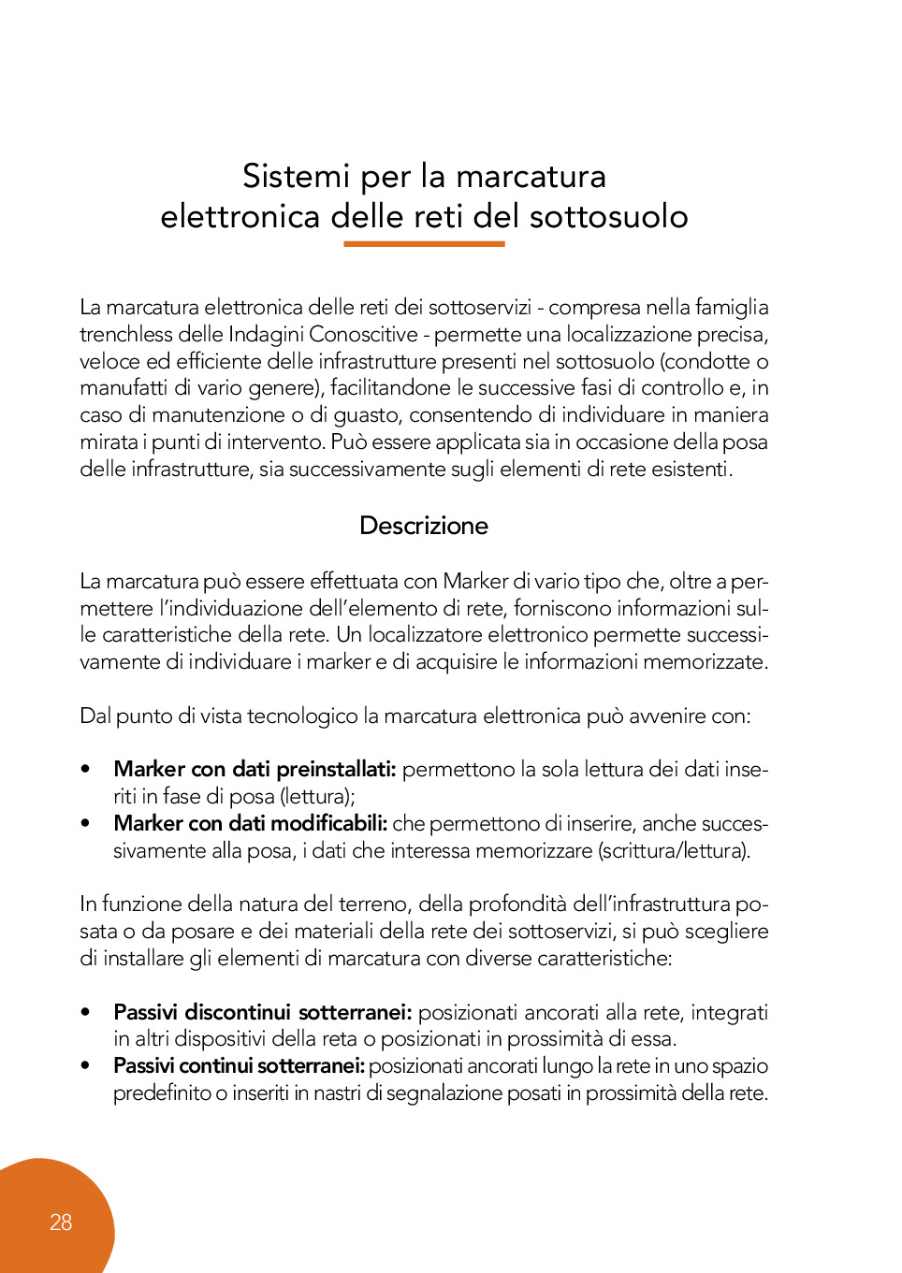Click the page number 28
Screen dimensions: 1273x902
(61, 1222)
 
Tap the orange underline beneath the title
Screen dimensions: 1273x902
(424, 244)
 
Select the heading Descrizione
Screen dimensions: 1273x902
(424, 526)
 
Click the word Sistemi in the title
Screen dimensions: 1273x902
(296, 176)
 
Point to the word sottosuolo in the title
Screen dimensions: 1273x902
(609, 216)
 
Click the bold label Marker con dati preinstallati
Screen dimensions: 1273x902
(255, 770)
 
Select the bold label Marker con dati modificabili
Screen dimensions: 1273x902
(250, 824)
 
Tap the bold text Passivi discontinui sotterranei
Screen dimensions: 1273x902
(262, 1012)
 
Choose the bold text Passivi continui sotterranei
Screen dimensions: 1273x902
(239, 1066)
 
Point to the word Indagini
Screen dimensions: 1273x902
(266, 334)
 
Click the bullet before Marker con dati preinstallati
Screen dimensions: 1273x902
(86, 770)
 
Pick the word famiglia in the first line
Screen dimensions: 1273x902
(732, 307)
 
